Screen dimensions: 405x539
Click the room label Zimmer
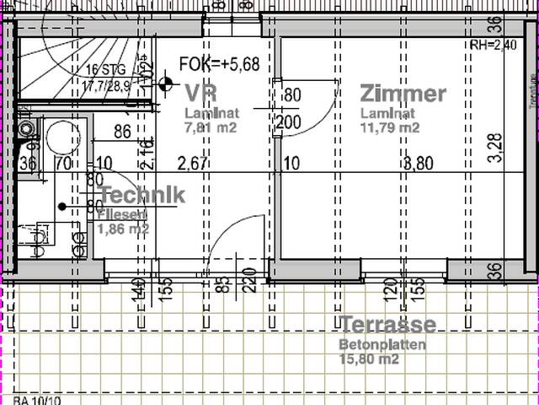click(403, 94)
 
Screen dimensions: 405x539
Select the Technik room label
click(141, 195)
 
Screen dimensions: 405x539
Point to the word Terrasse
click(388, 324)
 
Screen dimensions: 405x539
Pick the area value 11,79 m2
click(389, 128)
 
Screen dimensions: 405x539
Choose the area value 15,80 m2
click(369, 359)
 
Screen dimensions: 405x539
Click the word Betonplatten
click(382, 344)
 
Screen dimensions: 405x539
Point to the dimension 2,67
click(192, 164)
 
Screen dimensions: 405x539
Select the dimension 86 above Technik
click(122, 131)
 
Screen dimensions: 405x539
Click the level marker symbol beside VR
click(165, 84)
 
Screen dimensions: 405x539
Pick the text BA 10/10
click(33, 400)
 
